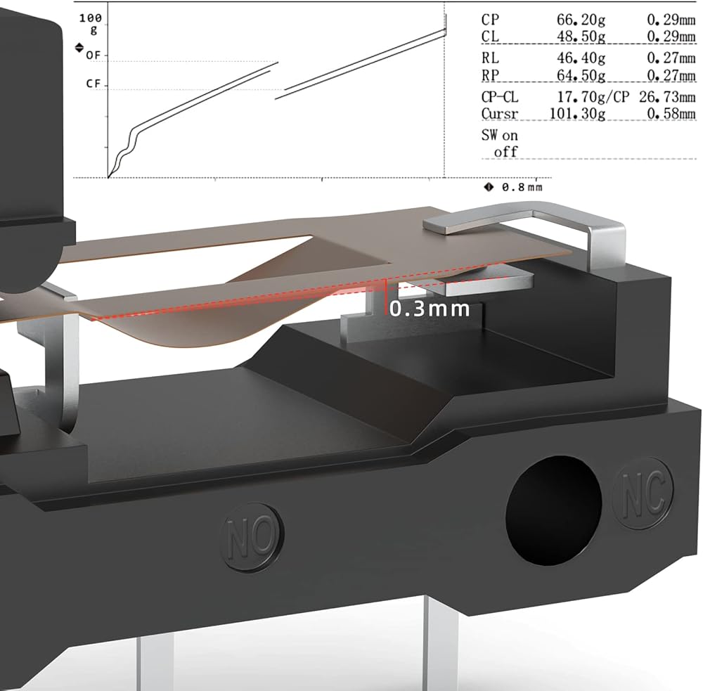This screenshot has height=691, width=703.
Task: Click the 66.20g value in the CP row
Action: pyautogui.click(x=581, y=20)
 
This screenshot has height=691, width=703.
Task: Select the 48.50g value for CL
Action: pyautogui.click(x=581, y=37)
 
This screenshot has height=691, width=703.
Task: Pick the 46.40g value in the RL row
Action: pyautogui.click(x=581, y=58)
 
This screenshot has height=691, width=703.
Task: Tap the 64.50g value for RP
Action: pyautogui.click(x=581, y=75)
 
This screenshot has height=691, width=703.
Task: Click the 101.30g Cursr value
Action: pyautogui.click(x=577, y=114)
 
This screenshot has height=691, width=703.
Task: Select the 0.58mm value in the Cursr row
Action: pyautogui.click(x=671, y=114)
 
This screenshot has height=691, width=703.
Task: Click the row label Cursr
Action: pyautogui.click(x=499, y=114)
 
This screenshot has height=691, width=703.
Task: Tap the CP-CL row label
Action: pyautogui.click(x=499, y=97)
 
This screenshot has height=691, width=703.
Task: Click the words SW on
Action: pyautogui.click(x=499, y=136)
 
